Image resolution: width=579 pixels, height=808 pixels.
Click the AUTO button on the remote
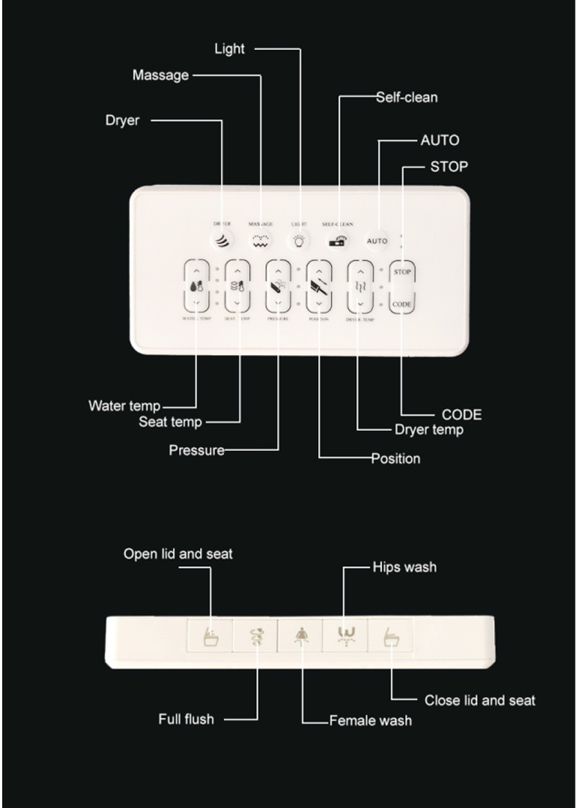(377, 241)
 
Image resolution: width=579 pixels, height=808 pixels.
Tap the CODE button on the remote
(402, 304)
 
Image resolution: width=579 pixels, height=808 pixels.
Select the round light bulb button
(299, 240)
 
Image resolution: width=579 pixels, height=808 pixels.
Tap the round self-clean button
(338, 240)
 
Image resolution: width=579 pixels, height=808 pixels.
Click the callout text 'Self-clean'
(407, 97)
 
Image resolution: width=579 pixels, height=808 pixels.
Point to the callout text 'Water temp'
(124, 405)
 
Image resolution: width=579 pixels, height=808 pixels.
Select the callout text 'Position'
(396, 459)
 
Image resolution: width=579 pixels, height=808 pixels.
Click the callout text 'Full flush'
(186, 719)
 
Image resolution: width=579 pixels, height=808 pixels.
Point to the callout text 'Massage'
(161, 75)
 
